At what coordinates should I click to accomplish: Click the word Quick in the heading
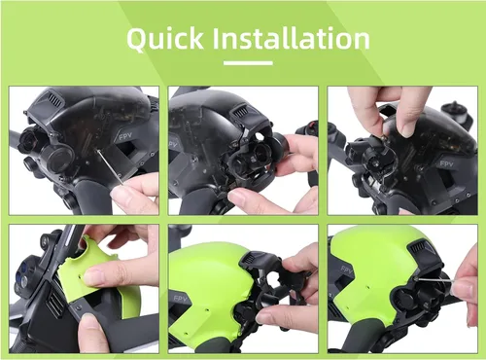click(x=165, y=39)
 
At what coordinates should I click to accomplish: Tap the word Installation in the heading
click(x=291, y=38)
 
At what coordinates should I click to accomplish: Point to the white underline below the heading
click(x=248, y=63)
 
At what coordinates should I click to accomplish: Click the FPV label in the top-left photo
click(x=125, y=136)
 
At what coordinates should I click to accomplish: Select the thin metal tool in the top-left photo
click(x=110, y=167)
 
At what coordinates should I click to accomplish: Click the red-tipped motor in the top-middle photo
click(x=309, y=127)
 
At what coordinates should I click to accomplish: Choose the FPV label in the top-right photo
click(x=446, y=164)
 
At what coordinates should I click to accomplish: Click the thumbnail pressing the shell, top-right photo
click(x=407, y=128)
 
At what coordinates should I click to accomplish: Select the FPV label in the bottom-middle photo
click(x=180, y=299)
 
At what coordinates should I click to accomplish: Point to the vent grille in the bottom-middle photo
click(x=248, y=259)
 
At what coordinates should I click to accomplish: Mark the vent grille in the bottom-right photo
click(x=418, y=250)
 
